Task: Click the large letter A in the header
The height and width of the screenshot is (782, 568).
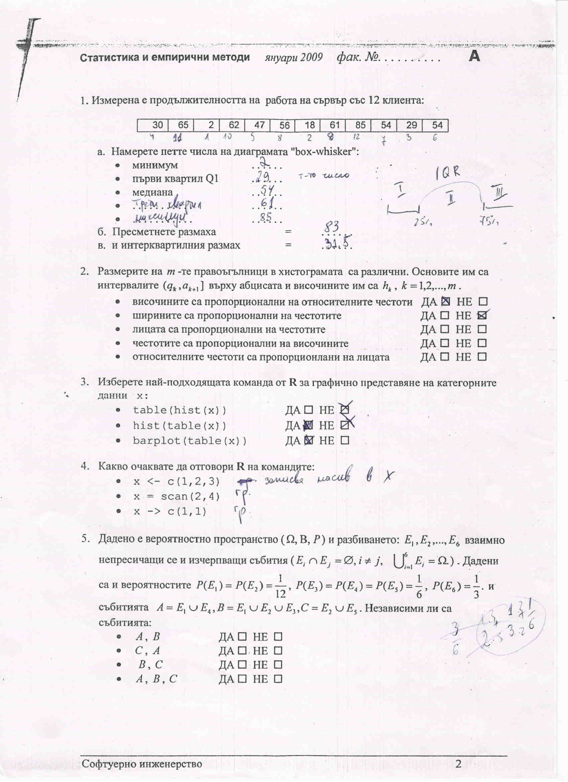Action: (x=474, y=56)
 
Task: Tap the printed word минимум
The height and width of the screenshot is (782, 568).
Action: (x=155, y=165)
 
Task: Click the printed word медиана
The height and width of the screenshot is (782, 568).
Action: (x=152, y=192)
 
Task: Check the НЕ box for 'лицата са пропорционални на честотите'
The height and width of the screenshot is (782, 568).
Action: (x=482, y=329)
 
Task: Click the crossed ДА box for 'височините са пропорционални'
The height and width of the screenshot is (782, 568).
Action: (x=445, y=302)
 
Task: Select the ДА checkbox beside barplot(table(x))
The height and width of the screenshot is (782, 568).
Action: (x=309, y=440)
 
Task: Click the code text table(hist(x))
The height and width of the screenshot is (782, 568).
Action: (x=180, y=410)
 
